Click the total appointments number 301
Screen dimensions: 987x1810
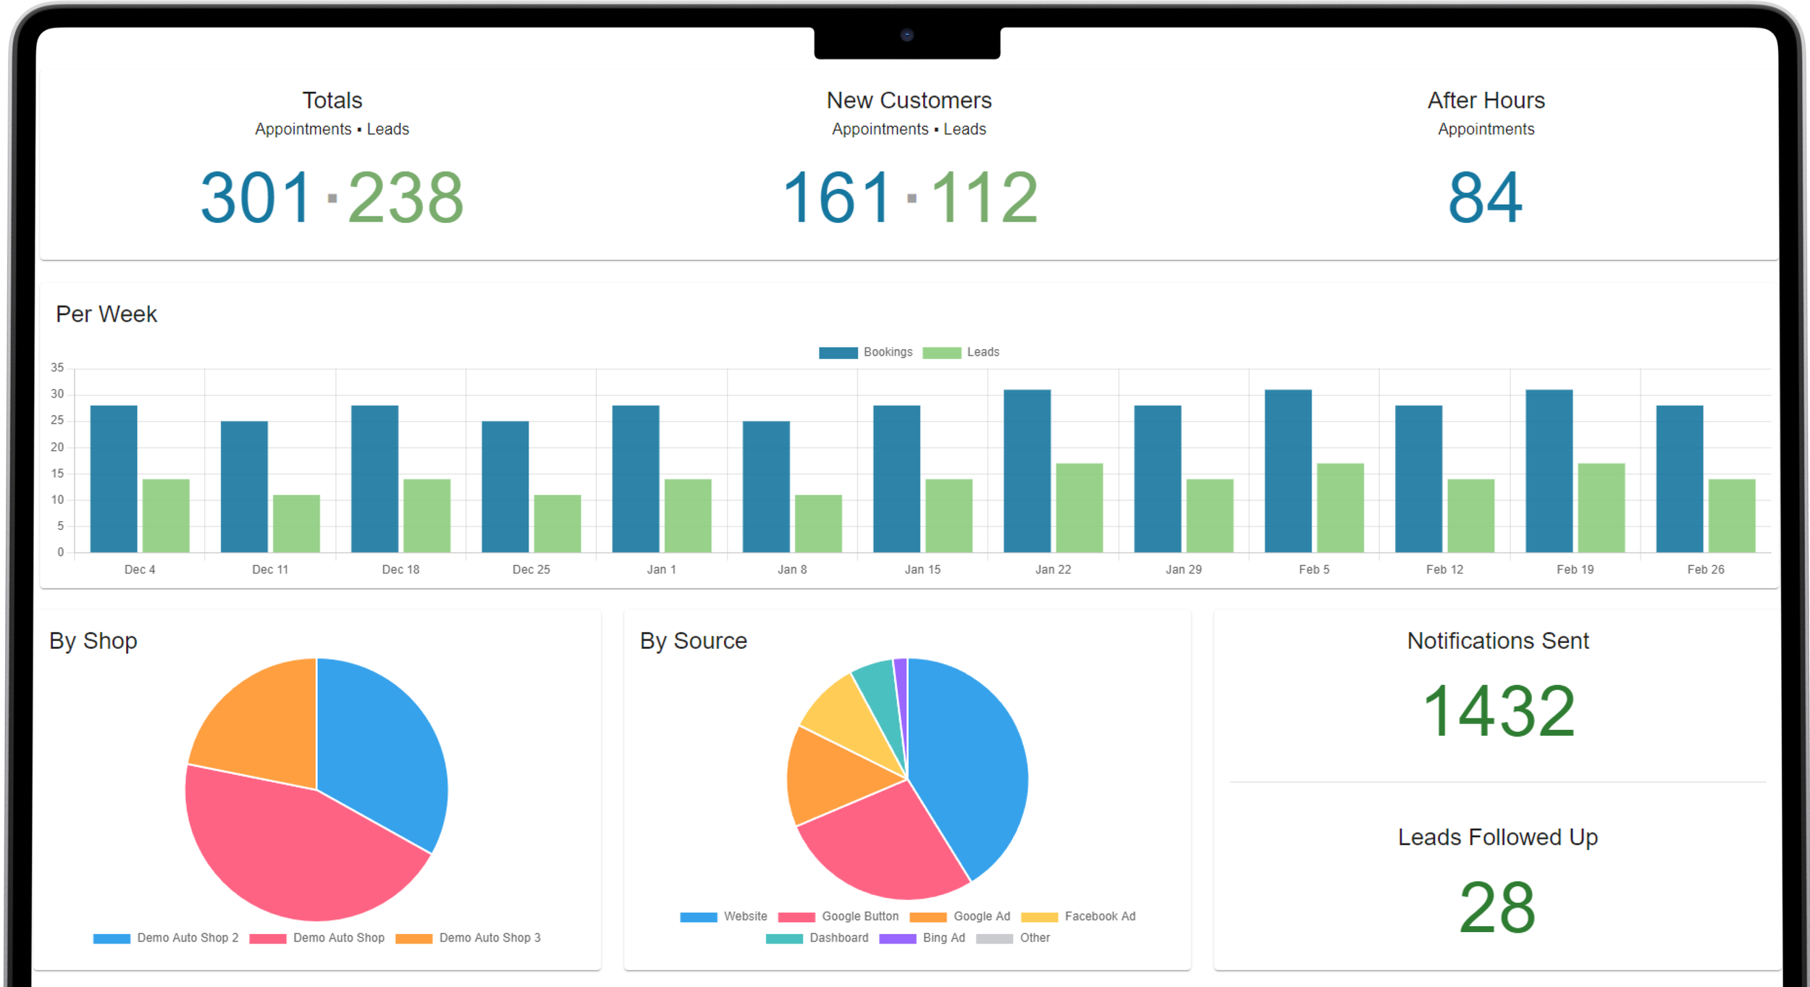pyautogui.click(x=256, y=198)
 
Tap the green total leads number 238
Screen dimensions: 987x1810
pyautogui.click(x=405, y=198)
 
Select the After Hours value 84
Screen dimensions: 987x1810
pyautogui.click(x=1485, y=198)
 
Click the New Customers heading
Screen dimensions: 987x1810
pyautogui.click(x=909, y=100)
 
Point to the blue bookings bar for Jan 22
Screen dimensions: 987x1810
pyautogui.click(x=1027, y=471)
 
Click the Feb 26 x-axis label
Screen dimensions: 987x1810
pyautogui.click(x=1705, y=569)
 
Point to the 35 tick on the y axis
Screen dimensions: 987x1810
pyautogui.click(x=57, y=368)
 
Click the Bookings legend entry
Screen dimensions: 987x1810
pyautogui.click(x=866, y=352)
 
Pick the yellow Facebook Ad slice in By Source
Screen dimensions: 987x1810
pyautogui.click(x=843, y=710)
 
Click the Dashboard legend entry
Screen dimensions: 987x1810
pyautogui.click(x=818, y=938)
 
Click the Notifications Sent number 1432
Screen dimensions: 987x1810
pyautogui.click(x=1497, y=712)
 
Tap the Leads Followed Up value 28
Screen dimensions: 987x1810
pyautogui.click(x=1497, y=907)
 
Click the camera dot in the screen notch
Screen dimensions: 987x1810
pyautogui.click(x=906, y=35)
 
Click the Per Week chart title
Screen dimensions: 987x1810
pyautogui.click(x=106, y=314)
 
